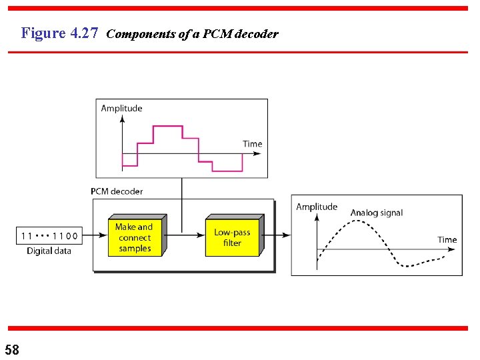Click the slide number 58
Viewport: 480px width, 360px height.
(x=12, y=349)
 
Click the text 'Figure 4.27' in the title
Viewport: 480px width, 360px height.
(x=60, y=33)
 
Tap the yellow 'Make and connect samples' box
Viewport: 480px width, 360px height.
(x=135, y=237)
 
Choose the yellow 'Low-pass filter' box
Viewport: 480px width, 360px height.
(x=232, y=237)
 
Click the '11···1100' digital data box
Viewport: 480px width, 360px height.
(x=49, y=235)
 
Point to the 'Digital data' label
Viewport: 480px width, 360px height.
(x=49, y=251)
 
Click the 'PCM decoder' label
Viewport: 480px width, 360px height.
(x=117, y=191)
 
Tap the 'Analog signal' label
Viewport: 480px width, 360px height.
(x=377, y=213)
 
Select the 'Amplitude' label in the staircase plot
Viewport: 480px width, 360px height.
(x=121, y=108)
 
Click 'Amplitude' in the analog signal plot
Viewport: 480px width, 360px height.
(x=317, y=207)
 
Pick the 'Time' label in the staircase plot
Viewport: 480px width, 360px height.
(x=253, y=143)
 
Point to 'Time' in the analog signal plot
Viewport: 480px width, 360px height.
(x=447, y=239)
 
